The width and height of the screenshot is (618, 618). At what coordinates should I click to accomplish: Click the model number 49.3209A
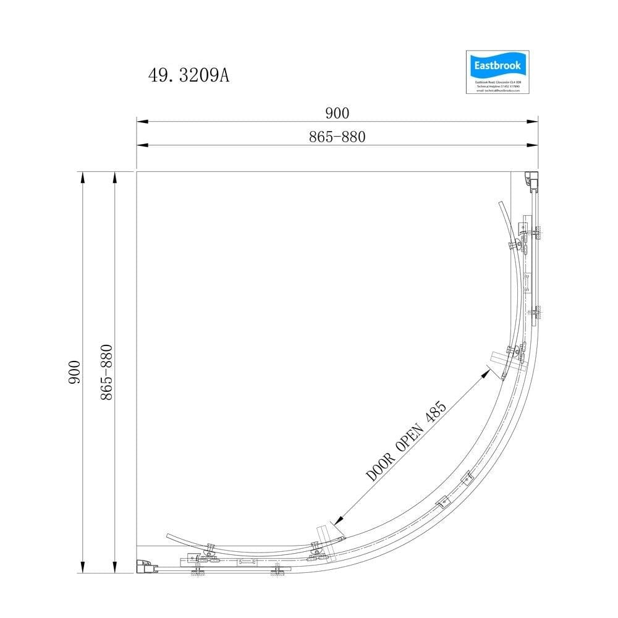[188, 75]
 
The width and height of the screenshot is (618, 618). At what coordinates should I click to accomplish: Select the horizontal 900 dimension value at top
[337, 112]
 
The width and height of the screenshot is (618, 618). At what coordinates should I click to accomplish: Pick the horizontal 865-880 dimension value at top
[337, 137]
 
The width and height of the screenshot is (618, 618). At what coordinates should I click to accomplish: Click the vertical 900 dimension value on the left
[74, 373]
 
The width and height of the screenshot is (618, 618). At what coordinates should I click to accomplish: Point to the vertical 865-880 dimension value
[106, 373]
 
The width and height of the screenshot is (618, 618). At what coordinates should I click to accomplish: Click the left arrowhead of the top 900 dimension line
[141, 122]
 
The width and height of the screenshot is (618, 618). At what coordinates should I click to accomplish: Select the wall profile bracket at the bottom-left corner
[145, 565]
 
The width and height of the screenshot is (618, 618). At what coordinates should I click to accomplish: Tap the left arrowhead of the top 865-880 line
[141, 145]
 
